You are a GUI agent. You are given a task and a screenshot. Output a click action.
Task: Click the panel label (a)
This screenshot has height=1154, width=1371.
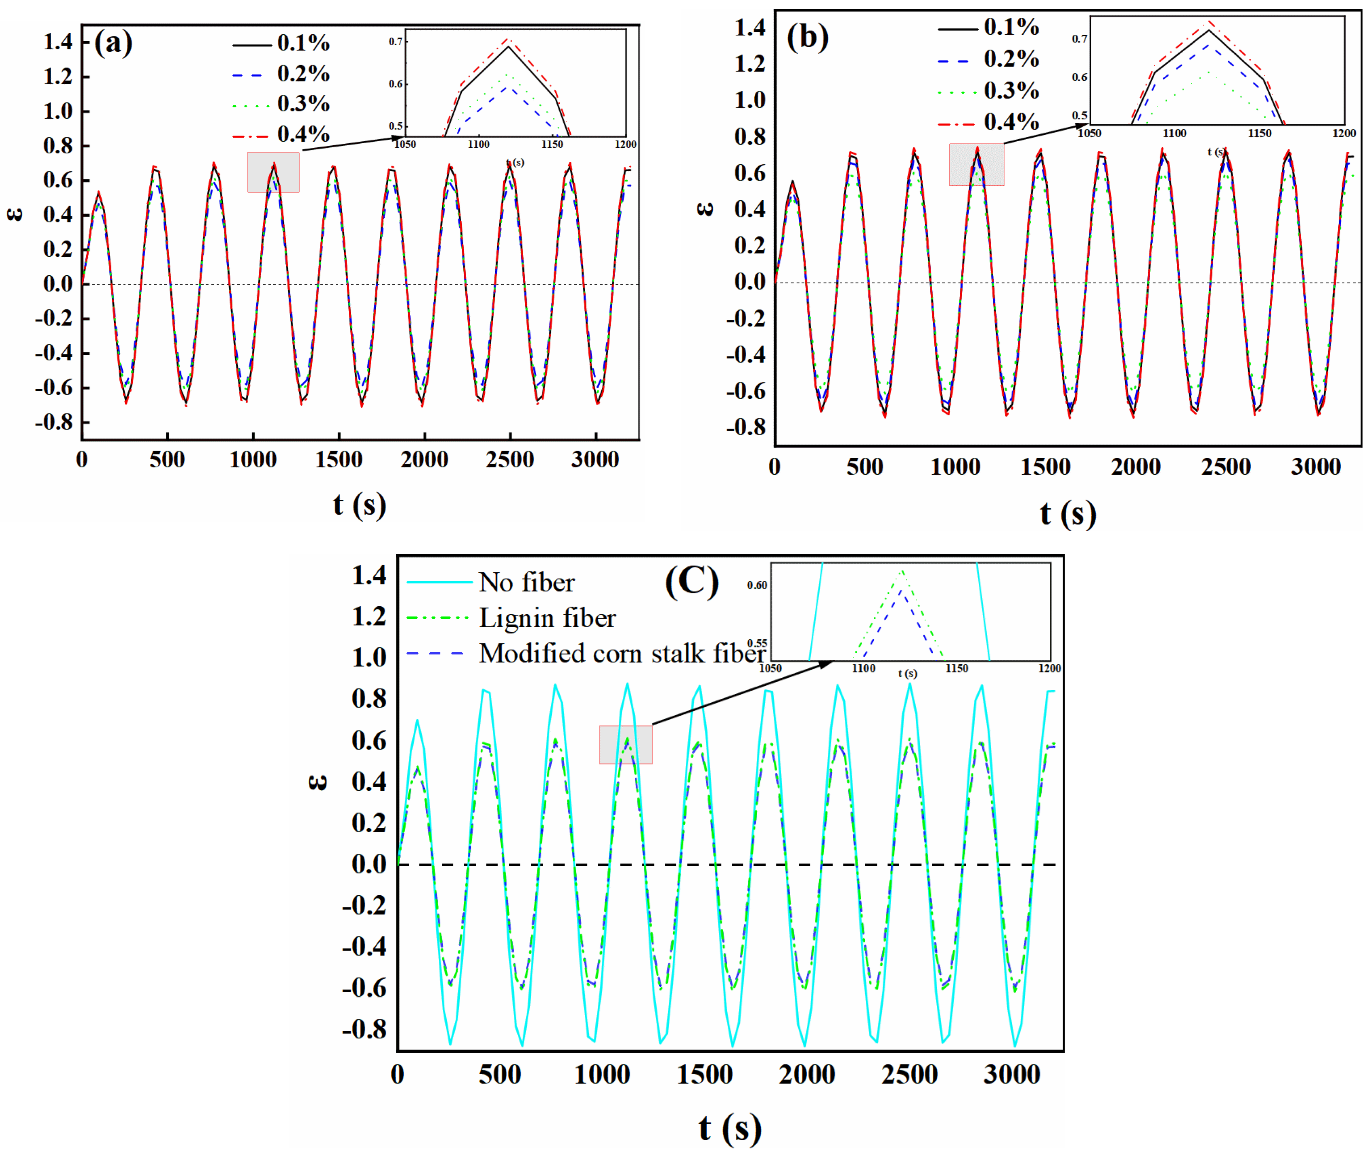tap(113, 44)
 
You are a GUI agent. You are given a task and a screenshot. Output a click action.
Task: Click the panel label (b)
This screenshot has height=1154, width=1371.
tap(807, 37)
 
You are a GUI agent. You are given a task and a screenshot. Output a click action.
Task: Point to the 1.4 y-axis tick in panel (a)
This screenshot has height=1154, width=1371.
tap(58, 42)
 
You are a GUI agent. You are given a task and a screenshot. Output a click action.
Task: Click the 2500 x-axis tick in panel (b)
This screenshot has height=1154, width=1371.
tap(1226, 467)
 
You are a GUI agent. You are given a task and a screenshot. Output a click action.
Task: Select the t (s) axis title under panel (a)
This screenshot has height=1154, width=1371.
tap(359, 505)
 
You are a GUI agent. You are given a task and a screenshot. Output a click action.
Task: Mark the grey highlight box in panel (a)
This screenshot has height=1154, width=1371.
tap(273, 172)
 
